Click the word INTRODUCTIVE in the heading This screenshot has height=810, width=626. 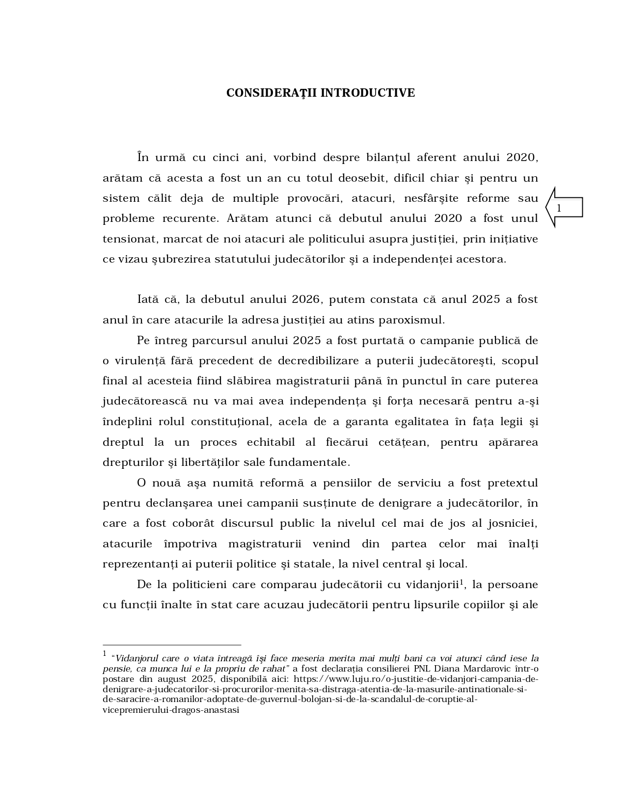coord(368,93)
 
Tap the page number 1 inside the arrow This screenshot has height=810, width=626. coord(559,208)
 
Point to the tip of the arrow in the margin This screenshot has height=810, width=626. coord(547,208)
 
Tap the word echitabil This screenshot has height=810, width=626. coord(271,442)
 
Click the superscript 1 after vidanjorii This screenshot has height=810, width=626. coord(462,582)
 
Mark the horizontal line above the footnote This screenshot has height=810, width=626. coord(172,645)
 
